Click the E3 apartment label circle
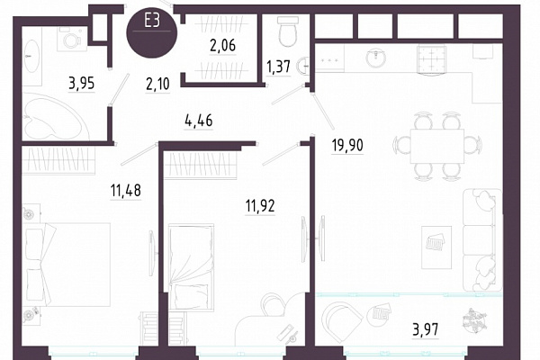click(x=152, y=32)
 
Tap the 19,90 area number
click(x=347, y=146)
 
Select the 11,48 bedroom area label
click(x=126, y=191)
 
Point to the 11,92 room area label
click(x=260, y=206)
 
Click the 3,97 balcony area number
click(x=426, y=329)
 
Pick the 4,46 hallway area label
click(x=199, y=121)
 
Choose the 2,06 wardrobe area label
click(x=222, y=45)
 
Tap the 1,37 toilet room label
click(x=279, y=67)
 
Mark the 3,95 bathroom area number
click(x=82, y=84)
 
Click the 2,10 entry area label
click(x=158, y=84)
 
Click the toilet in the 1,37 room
click(x=287, y=31)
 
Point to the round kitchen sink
click(x=375, y=58)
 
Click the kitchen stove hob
click(x=432, y=58)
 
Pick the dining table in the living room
click(x=437, y=146)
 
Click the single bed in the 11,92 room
click(x=191, y=266)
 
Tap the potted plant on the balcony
click(x=474, y=321)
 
